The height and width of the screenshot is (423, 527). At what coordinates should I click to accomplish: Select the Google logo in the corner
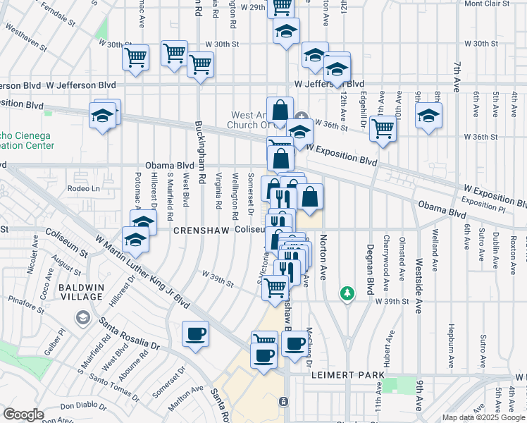click(x=23, y=415)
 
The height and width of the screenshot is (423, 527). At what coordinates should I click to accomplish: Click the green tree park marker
click(x=347, y=293)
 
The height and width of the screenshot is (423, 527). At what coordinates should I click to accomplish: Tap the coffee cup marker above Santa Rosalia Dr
click(x=195, y=334)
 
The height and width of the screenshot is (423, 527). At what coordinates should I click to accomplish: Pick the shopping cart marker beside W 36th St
click(x=383, y=129)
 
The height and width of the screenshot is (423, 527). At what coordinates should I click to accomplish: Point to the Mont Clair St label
click(x=487, y=4)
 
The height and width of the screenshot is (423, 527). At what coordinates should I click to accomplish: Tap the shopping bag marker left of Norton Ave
click(x=310, y=197)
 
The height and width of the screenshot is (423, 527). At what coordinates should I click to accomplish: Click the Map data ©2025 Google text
click(x=483, y=417)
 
